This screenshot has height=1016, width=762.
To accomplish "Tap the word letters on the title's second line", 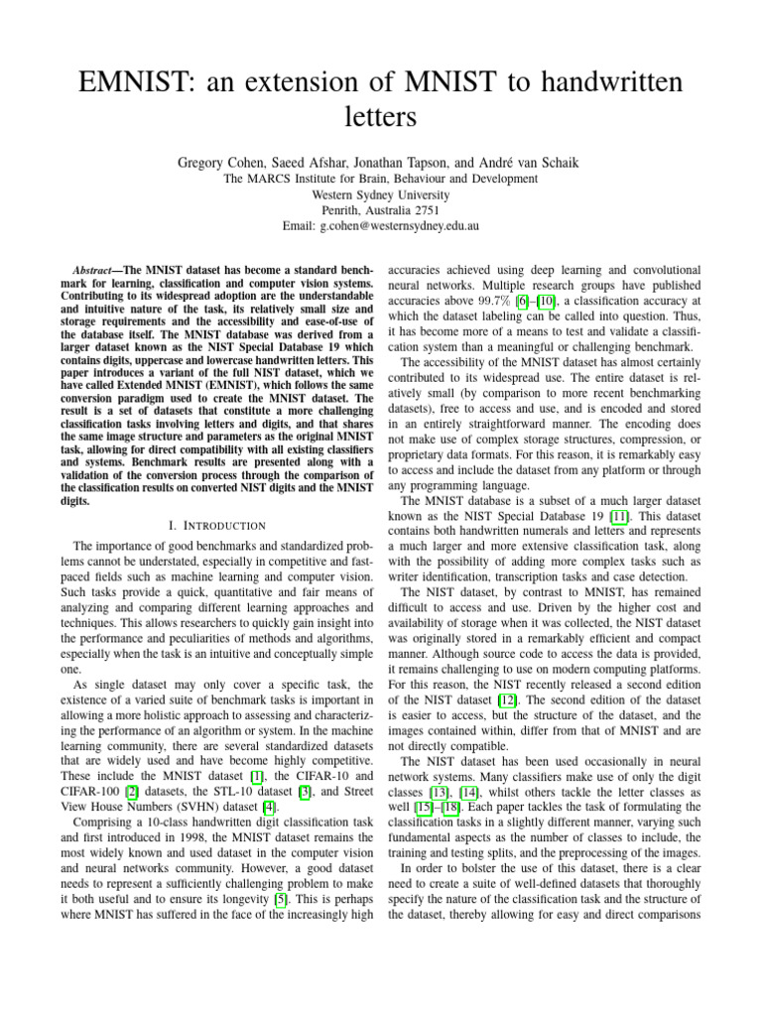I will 381,119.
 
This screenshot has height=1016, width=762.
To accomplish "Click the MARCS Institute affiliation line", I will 381,179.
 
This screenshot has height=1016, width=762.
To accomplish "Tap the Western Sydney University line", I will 381,194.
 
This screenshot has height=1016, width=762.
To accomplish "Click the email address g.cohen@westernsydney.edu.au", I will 400,226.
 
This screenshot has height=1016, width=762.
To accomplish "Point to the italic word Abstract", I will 97,271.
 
